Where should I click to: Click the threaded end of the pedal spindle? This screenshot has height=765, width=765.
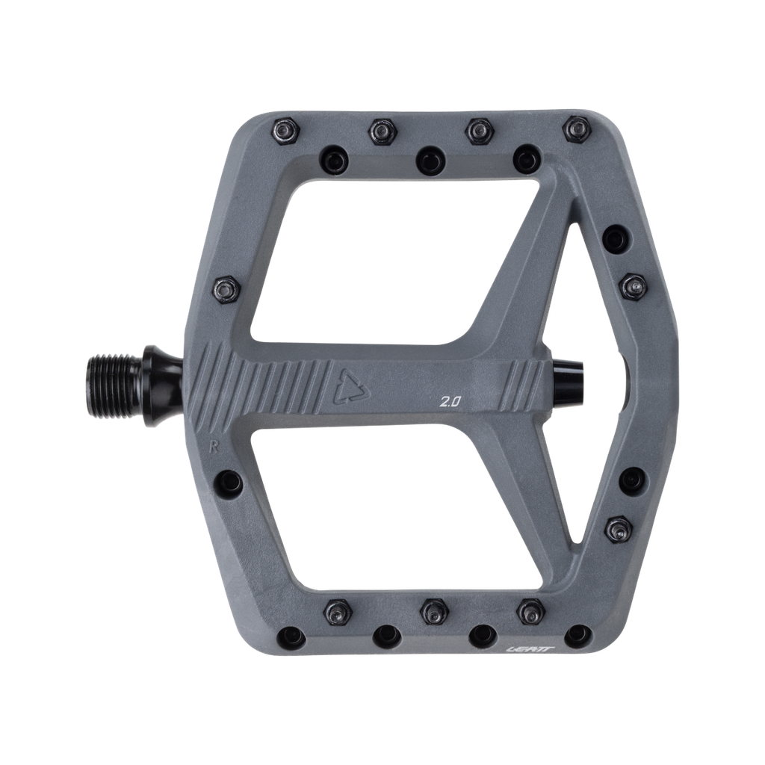116,376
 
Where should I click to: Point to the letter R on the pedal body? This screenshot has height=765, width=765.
212,447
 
